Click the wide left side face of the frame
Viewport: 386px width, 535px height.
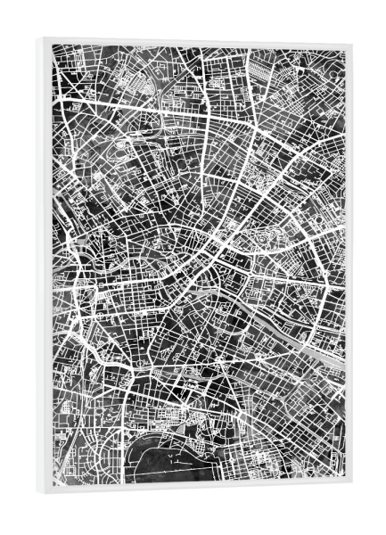(44, 267)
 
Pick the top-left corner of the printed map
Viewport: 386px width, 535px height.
(52, 45)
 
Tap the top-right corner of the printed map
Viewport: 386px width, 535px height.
(344, 49)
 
